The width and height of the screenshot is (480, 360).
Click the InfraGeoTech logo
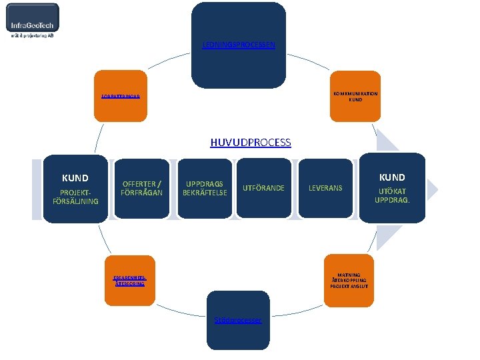33,21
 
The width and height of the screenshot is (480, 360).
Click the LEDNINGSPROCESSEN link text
239,45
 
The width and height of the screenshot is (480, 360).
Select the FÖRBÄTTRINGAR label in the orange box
121,97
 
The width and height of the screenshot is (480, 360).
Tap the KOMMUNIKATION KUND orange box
355,97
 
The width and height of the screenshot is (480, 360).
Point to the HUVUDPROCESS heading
250,142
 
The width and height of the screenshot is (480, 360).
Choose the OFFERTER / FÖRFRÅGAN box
141,189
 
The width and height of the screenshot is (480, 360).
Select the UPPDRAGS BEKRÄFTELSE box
205,189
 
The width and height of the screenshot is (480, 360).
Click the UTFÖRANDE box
263,189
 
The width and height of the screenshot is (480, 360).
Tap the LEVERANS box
325,189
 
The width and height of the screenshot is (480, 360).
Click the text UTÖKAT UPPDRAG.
392,196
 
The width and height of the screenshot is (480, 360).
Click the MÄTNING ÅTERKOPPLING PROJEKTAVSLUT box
349,281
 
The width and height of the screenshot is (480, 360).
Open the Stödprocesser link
238,320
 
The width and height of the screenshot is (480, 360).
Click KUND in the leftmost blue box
75,178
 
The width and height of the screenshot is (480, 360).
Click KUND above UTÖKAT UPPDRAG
392,177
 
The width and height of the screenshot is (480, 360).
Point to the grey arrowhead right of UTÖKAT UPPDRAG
432,189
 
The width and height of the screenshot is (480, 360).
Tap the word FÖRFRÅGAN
141,193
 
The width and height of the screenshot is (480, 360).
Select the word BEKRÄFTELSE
205,193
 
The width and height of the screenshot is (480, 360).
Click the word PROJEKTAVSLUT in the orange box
349,286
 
